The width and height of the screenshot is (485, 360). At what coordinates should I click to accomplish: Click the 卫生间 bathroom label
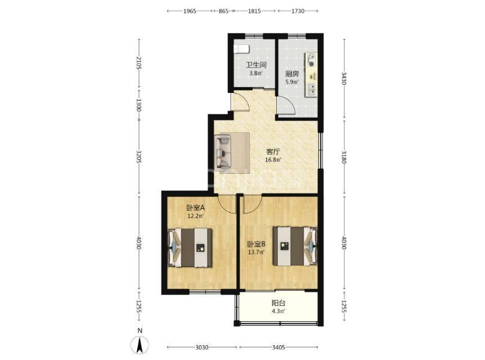click(x=256, y=65)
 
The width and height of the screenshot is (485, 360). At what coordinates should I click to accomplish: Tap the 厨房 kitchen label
click(x=292, y=74)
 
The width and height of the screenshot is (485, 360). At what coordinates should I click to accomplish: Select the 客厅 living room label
click(x=273, y=152)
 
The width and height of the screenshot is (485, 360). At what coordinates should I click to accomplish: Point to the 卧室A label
click(x=195, y=208)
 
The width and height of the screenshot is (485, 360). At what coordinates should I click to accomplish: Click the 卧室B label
click(x=257, y=244)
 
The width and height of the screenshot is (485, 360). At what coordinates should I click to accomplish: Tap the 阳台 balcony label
click(x=279, y=303)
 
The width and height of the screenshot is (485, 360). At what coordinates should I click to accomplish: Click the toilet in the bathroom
click(x=241, y=49)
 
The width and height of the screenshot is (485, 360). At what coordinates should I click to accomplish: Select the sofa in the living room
click(x=223, y=153)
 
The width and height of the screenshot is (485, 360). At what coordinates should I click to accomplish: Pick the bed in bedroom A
click(x=190, y=247)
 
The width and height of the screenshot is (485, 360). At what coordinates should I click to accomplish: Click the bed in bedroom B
click(x=295, y=246)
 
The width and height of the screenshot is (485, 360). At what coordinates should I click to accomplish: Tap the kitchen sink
click(x=312, y=89)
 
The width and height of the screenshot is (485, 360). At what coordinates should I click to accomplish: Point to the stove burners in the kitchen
click(x=312, y=60)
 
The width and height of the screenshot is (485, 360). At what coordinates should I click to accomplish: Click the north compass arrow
click(x=140, y=345)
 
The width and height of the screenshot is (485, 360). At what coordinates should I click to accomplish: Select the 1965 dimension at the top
click(x=190, y=11)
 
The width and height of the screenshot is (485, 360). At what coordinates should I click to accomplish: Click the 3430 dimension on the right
click(x=344, y=78)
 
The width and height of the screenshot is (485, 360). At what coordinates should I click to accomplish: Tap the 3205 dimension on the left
click(x=139, y=157)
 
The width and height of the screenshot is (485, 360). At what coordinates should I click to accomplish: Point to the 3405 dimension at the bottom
click(x=279, y=347)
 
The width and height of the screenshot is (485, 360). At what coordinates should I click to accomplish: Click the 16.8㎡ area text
click(x=273, y=160)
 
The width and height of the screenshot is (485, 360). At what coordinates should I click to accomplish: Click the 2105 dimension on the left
click(x=139, y=63)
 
